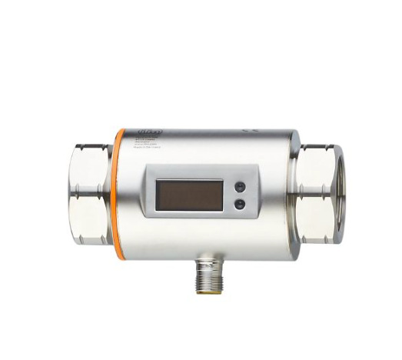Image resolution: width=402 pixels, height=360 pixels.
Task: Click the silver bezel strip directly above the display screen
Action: (189, 176)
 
